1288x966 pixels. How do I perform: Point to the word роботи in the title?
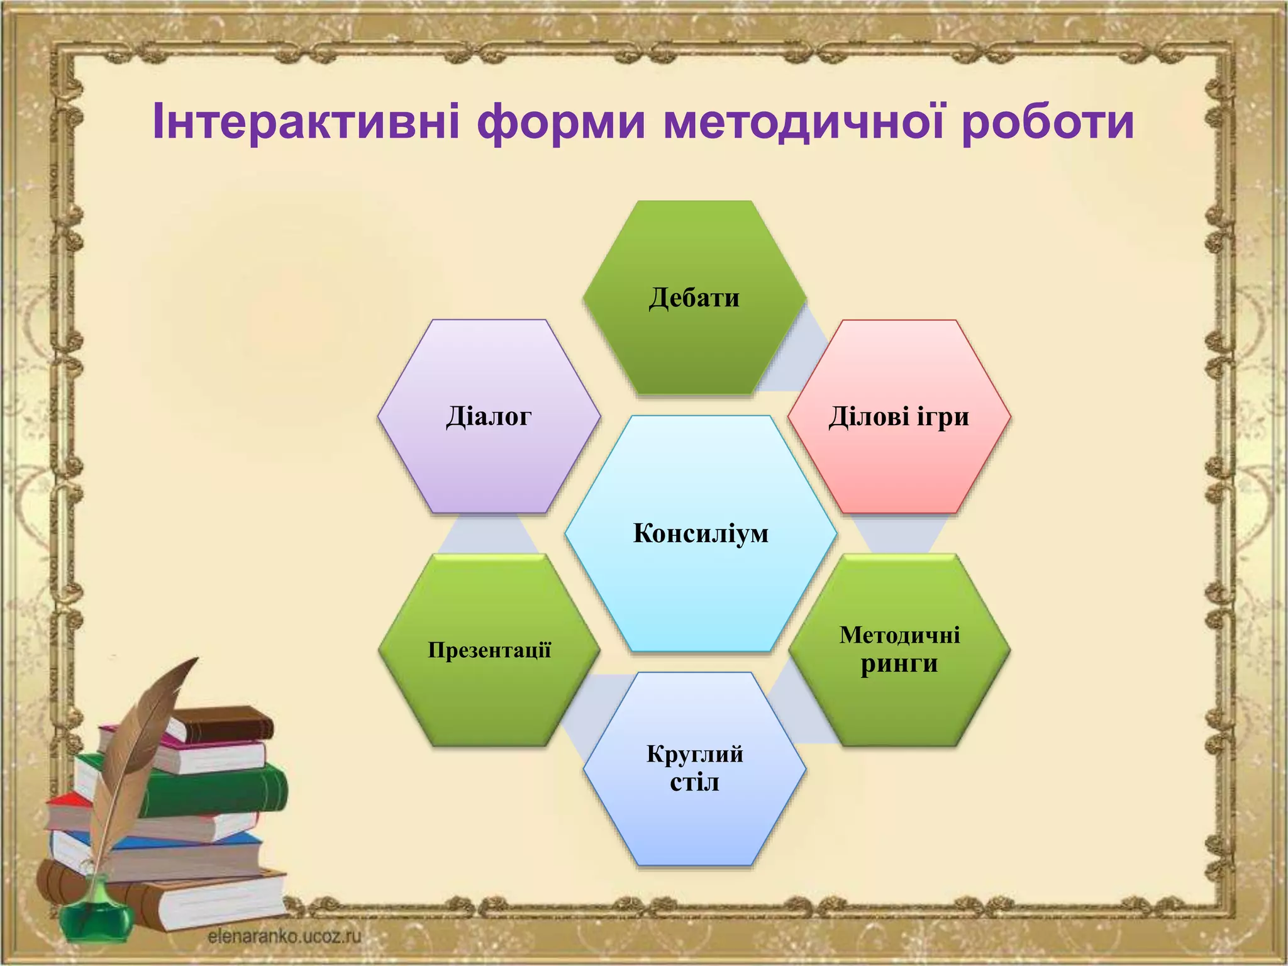pyautogui.click(x=1048, y=121)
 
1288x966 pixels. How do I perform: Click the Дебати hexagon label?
pyautogui.click(x=694, y=297)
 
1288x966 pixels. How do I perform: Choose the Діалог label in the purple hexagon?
pyautogui.click(x=489, y=416)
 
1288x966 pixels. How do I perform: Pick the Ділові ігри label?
pyautogui.click(x=899, y=416)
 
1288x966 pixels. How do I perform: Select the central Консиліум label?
pyautogui.click(x=701, y=533)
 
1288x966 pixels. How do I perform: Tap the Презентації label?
pyautogui.click(x=489, y=650)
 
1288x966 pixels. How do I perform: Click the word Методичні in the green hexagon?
pyautogui.click(x=899, y=635)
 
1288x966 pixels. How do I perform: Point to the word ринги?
pyautogui.click(x=899, y=664)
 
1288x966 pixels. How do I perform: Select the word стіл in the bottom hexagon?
pyautogui.click(x=694, y=783)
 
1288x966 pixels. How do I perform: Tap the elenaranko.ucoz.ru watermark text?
pyautogui.click(x=284, y=936)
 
